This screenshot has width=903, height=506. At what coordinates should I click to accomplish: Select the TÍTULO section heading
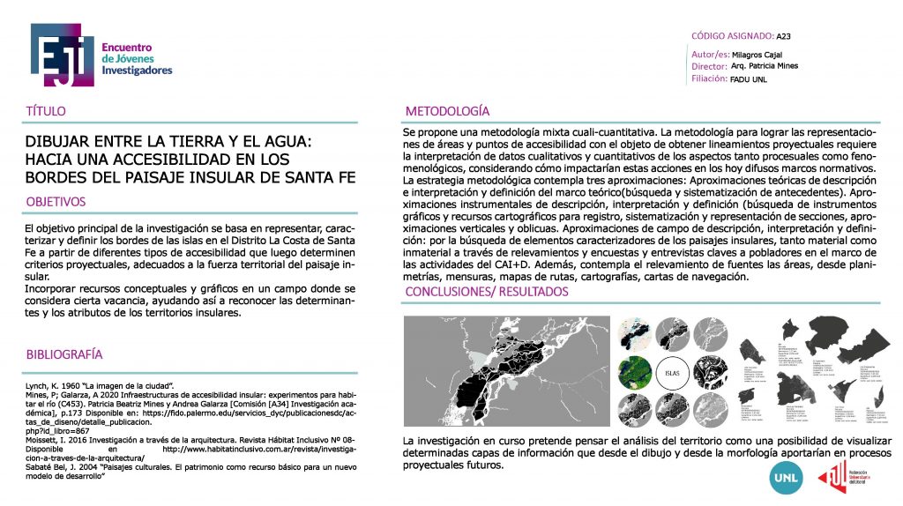[x=47, y=112]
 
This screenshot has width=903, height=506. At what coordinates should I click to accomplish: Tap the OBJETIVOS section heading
[x=56, y=202]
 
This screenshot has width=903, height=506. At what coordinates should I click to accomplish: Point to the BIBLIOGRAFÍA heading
[x=64, y=354]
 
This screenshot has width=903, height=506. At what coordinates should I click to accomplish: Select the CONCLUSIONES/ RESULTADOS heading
[x=486, y=292]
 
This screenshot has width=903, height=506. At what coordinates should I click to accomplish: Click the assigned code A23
[x=785, y=37]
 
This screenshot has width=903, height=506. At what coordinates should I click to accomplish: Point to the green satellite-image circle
[x=631, y=371]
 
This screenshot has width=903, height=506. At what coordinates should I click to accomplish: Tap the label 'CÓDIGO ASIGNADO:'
[x=732, y=37]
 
